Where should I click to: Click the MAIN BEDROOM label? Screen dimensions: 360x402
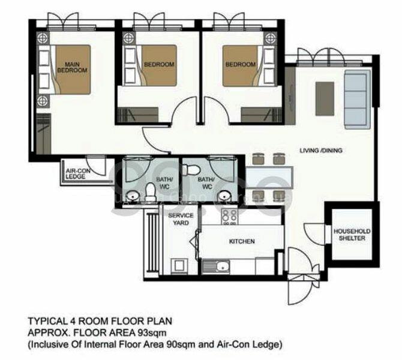coord(72,66)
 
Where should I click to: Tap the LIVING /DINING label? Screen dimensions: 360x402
coord(321,151)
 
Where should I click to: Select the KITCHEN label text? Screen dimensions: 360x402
coord(242,241)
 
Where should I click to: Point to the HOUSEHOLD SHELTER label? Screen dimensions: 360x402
coord(352,235)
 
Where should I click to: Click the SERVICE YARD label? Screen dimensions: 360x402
coord(181,218)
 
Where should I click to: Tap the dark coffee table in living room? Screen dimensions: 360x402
coord(325,98)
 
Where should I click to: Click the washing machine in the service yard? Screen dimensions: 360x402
coord(178,265)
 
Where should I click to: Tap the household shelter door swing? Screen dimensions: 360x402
coord(313,231)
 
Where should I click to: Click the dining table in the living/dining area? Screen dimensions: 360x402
coord(268,176)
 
